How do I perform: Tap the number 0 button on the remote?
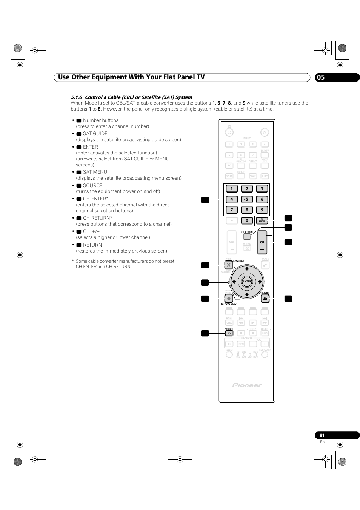click(x=247, y=221)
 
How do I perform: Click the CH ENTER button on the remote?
click(x=262, y=221)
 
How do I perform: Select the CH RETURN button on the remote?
click(x=247, y=237)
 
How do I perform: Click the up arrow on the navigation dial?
click(x=247, y=269)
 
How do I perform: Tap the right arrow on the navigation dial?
click(x=260, y=282)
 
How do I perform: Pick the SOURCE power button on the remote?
click(x=229, y=333)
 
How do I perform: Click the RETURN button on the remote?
click(x=265, y=299)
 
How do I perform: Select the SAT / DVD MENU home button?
click(x=228, y=299)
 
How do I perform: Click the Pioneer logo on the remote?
click(x=247, y=385)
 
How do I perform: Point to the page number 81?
click(x=322, y=435)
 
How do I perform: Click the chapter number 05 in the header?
click(x=320, y=77)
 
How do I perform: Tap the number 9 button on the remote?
click(x=262, y=210)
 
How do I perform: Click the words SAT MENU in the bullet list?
click(x=95, y=172)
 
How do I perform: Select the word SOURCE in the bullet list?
click(x=93, y=186)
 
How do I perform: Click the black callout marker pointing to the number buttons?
click(x=205, y=200)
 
